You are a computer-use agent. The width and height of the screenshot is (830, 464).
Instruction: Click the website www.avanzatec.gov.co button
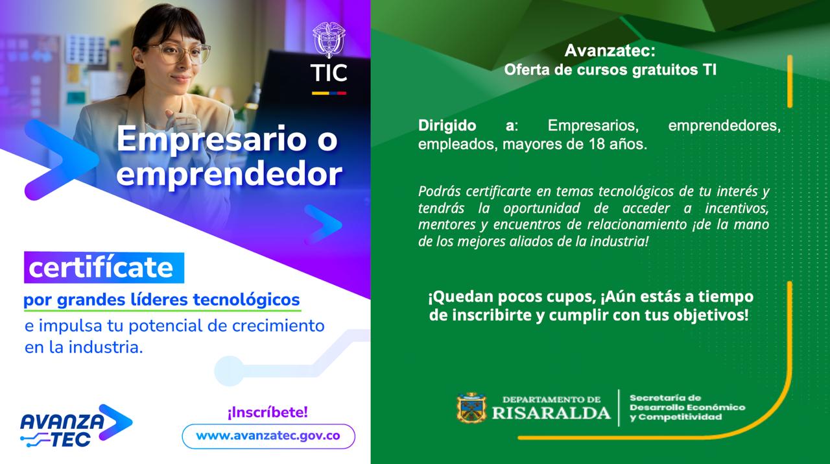(268, 436)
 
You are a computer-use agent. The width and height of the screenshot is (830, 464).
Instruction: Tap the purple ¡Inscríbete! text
(268, 412)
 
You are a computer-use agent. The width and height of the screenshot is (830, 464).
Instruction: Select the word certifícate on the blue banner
(101, 268)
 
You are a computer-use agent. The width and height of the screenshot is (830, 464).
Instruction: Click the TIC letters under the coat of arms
(329, 73)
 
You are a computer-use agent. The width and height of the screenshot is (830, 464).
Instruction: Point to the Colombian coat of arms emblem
(329, 40)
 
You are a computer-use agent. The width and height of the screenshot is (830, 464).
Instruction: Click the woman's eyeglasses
(180, 53)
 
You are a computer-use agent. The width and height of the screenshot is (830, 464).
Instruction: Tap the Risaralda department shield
(471, 408)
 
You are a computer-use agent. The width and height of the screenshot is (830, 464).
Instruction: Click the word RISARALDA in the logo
(551, 413)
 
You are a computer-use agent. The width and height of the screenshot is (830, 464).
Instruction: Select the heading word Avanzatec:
(610, 51)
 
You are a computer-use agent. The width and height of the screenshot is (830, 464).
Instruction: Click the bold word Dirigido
(447, 125)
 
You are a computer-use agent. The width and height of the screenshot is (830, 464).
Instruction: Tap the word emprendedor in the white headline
(230, 174)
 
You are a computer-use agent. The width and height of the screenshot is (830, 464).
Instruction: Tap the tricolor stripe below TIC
(329, 93)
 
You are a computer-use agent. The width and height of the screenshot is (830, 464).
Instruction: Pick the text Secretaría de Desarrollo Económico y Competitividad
(687, 408)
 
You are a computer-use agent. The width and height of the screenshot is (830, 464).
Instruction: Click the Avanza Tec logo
(76, 426)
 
